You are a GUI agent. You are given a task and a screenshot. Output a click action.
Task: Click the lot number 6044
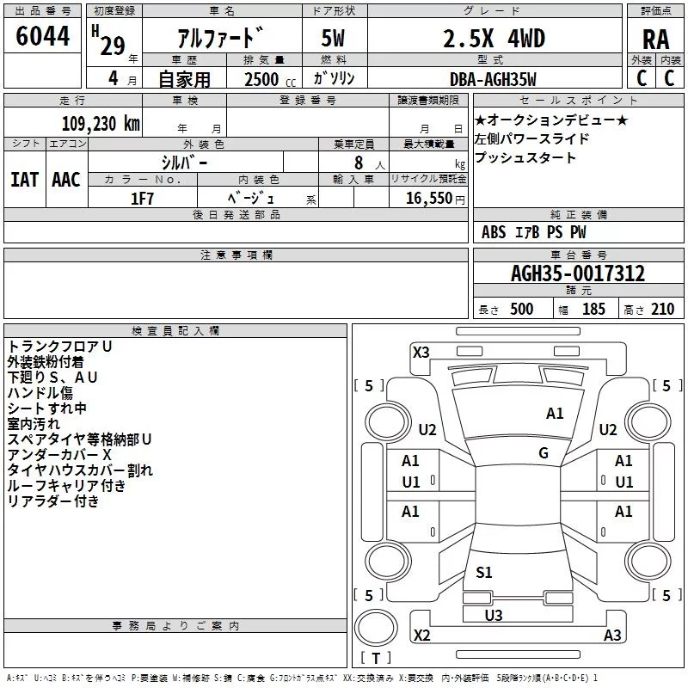coord(42,36)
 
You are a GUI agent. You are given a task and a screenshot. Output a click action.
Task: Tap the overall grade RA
coord(656,40)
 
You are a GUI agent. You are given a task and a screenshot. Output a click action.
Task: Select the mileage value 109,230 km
coord(101,124)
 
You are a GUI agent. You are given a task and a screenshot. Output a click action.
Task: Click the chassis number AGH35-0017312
coord(578,273)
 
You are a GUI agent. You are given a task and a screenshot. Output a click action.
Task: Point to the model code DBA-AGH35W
coord(493,79)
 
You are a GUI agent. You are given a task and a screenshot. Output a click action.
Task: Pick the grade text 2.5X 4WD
coord(494,39)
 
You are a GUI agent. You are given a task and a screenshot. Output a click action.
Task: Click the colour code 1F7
coord(142,199)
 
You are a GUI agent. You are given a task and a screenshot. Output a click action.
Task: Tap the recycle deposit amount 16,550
coord(428,199)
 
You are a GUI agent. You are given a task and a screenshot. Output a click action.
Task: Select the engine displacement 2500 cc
coord(270,79)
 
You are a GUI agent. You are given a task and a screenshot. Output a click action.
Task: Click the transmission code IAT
coord(24,180)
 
